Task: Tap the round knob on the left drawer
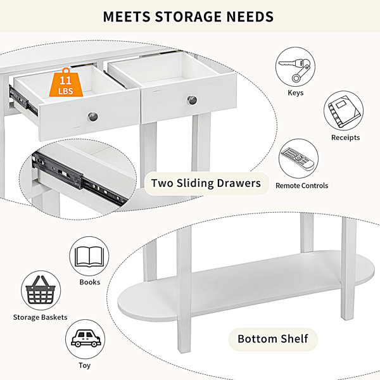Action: coord(93,117)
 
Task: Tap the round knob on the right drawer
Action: coord(192,100)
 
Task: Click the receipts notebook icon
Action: coord(345,111)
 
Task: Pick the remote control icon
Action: coord(298,158)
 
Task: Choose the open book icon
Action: coord(89,256)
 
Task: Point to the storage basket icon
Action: coord(41,290)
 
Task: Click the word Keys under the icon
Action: coord(295,93)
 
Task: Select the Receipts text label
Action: coord(345,137)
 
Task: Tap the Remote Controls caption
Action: coord(301,186)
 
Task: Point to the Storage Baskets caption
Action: coord(41,317)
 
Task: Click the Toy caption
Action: coord(85,365)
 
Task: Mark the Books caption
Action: coord(90,282)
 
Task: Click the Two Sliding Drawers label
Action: coord(206,183)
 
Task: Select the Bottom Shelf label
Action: coord(273,339)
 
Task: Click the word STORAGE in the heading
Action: coord(188,16)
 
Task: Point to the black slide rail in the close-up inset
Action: coord(80,179)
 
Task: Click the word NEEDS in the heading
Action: coord(250,16)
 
